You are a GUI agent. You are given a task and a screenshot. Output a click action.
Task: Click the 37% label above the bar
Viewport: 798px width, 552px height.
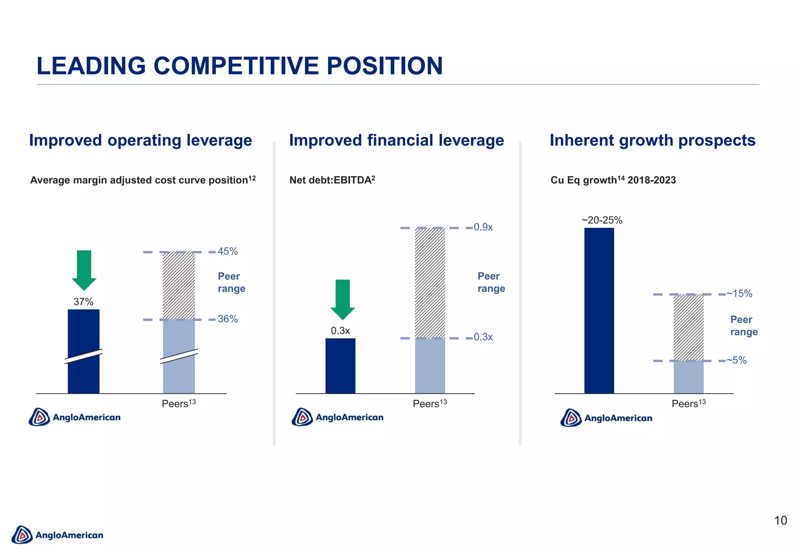83,302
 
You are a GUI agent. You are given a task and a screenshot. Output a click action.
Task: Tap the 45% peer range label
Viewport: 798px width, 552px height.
228,251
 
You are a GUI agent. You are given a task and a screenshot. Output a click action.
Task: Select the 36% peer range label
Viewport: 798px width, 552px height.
228,319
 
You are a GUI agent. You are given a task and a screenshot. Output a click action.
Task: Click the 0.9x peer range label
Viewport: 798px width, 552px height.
483,227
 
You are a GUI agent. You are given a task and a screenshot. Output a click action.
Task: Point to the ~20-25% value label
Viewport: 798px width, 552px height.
602,220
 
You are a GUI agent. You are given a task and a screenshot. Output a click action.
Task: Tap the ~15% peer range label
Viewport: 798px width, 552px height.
739,294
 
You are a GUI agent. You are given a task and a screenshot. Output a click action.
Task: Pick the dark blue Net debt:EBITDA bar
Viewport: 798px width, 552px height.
340,366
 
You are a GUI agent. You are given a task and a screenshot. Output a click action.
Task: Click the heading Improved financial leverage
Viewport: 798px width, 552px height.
396,141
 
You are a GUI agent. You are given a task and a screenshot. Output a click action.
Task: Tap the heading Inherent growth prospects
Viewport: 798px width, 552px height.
652,141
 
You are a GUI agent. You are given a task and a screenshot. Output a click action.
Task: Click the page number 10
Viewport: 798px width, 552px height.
780,520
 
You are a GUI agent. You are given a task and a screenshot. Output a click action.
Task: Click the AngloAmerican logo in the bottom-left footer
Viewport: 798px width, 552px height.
58,535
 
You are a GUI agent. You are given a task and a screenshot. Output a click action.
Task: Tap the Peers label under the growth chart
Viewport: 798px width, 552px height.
688,404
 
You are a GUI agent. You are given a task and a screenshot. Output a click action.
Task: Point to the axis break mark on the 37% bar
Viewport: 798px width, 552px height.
83,356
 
